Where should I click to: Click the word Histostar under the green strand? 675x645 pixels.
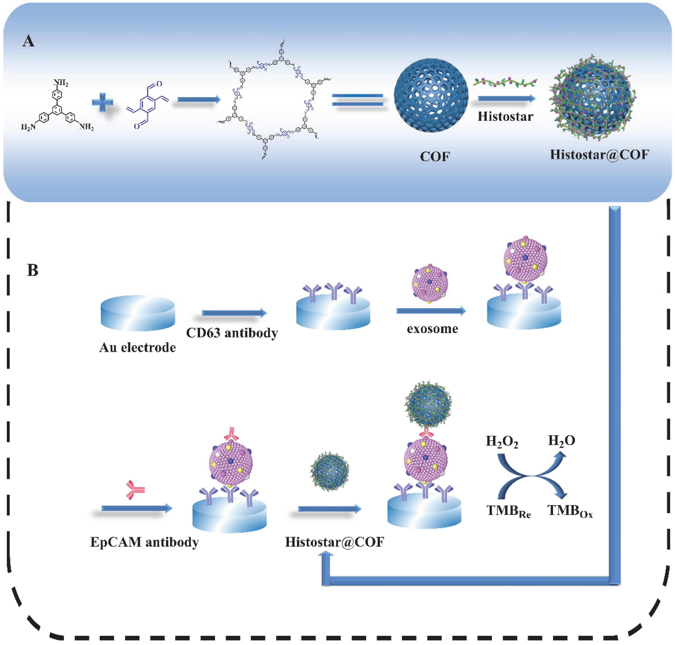(x=505, y=117)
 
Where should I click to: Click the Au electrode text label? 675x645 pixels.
(x=137, y=348)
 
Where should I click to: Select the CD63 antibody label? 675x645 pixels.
(x=232, y=333)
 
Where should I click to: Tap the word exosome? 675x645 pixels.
(x=432, y=329)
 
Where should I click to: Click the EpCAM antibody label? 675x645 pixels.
(x=144, y=542)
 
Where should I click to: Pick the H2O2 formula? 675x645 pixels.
(x=502, y=441)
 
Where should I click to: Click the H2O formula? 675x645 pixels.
(x=561, y=440)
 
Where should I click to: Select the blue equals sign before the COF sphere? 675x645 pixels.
(x=357, y=100)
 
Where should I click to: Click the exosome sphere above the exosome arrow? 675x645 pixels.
(x=430, y=283)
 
